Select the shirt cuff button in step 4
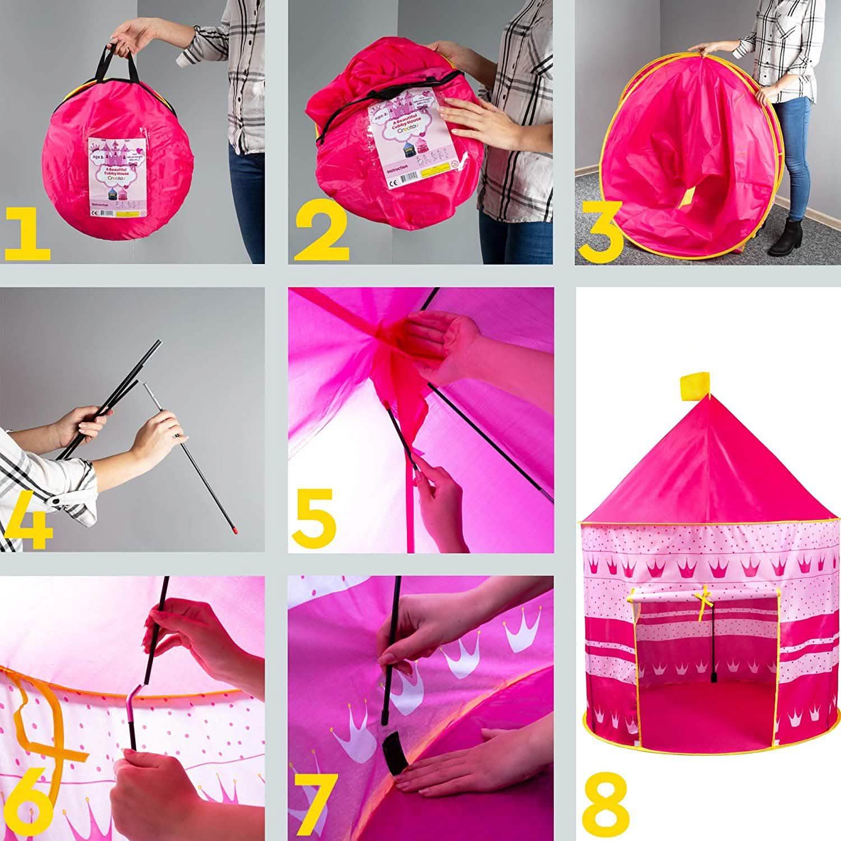[x=57, y=500]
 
